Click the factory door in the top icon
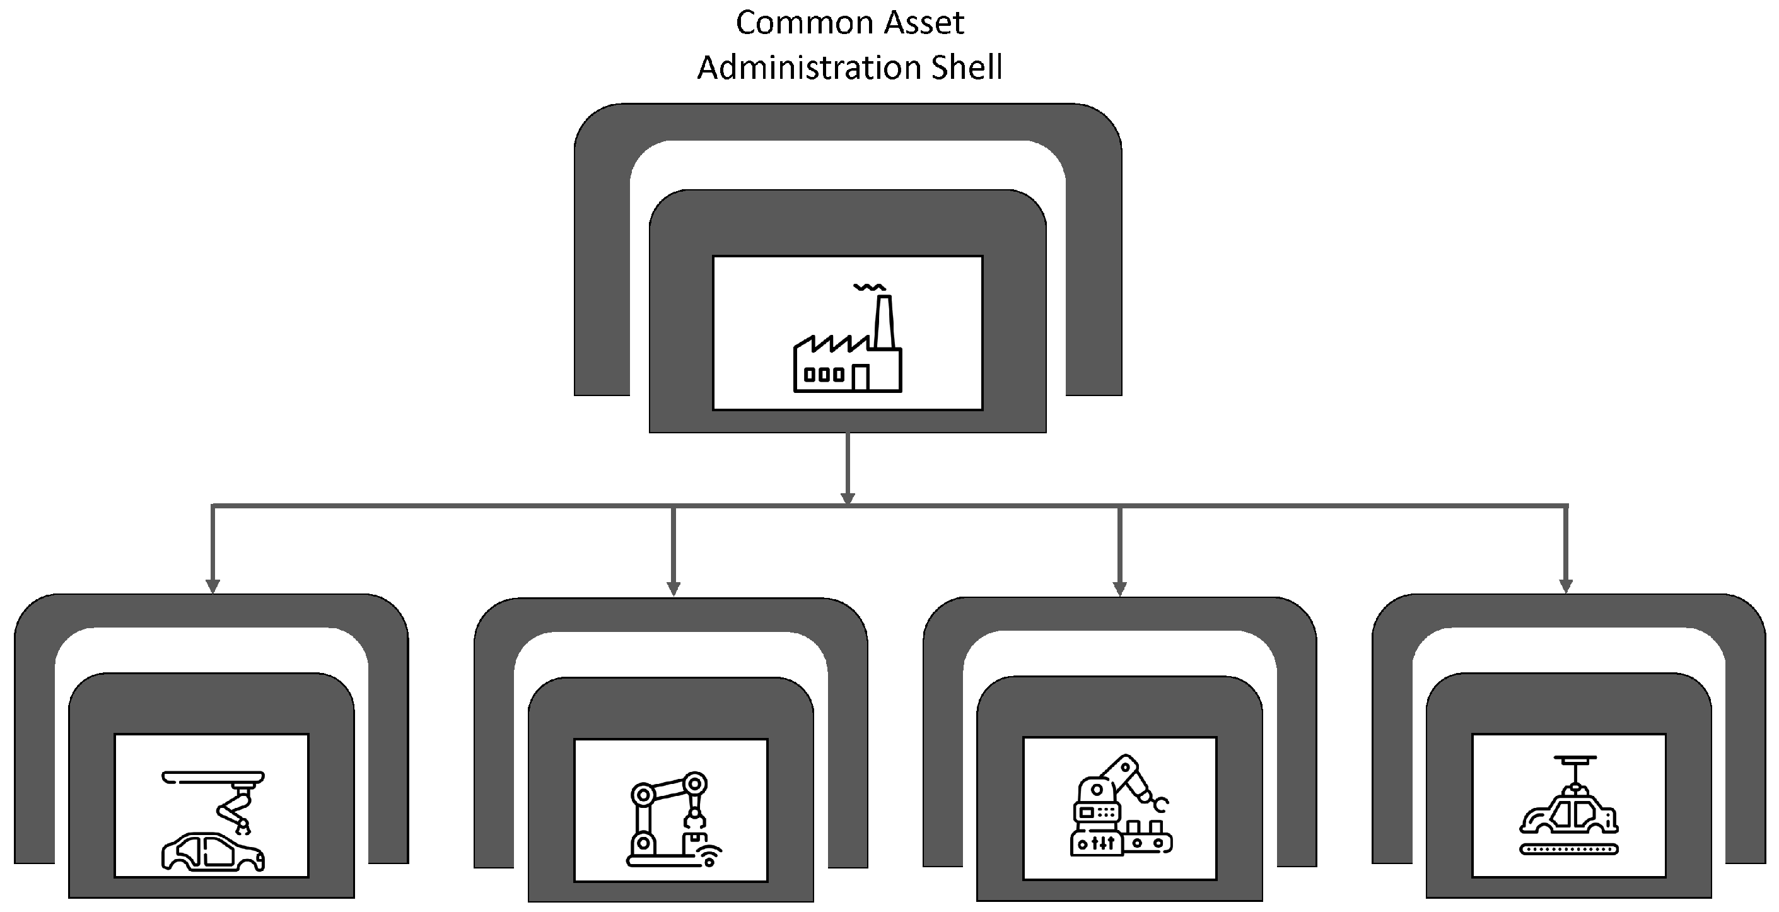(x=861, y=378)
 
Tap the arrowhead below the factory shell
(x=848, y=498)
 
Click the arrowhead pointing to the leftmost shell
(x=213, y=587)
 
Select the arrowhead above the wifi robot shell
(x=674, y=588)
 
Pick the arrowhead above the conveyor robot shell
(x=1119, y=588)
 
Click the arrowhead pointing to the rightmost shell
(x=1566, y=587)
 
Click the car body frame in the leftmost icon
(x=213, y=851)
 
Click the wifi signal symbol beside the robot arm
(x=710, y=855)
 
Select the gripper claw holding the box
(x=694, y=820)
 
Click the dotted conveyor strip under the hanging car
(x=1568, y=849)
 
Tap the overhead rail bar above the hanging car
(x=1575, y=758)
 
